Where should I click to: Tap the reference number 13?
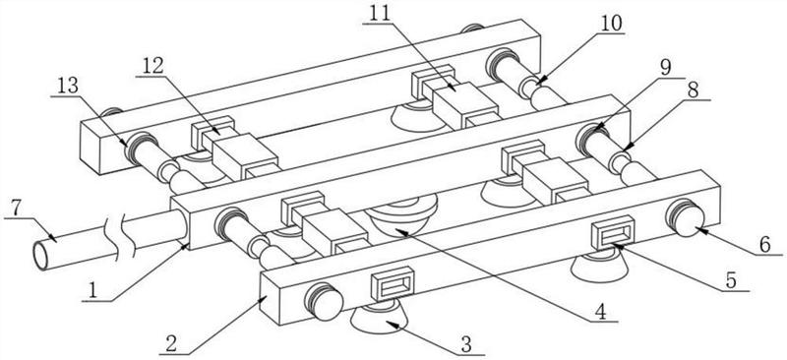click(67, 86)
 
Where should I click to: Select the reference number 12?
click(153, 65)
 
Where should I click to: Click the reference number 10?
click(610, 23)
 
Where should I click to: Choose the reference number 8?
click(694, 90)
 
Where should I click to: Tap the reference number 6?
click(764, 246)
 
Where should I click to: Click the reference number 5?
click(731, 280)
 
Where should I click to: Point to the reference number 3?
click(466, 345)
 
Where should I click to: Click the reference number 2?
click(171, 345)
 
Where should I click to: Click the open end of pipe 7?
click(41, 256)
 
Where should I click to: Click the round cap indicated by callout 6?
click(686, 218)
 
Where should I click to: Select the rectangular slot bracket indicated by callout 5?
click(613, 232)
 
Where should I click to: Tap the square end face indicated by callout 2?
click(270, 300)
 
